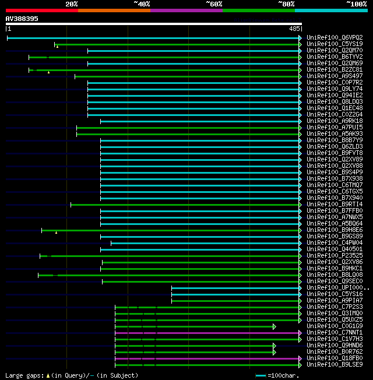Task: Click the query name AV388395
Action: [x=22, y=19]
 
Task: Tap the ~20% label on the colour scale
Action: [x=71, y=3]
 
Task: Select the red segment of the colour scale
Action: [x=41, y=10]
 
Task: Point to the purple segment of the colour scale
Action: [x=186, y=10]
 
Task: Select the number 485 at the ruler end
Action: [x=294, y=29]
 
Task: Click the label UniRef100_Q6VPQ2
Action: [x=334, y=37]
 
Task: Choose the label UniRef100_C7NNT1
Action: [x=334, y=333]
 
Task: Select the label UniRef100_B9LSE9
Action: [x=334, y=365]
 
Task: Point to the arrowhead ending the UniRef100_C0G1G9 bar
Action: [x=274, y=326]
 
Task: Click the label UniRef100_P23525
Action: [x=334, y=255]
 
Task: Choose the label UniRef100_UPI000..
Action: [x=336, y=288]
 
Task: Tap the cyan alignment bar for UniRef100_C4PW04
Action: [x=204, y=243]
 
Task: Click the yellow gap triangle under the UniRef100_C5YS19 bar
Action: [x=57, y=47]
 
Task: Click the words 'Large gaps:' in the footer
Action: [x=23, y=375]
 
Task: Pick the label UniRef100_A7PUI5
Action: [x=334, y=127]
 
